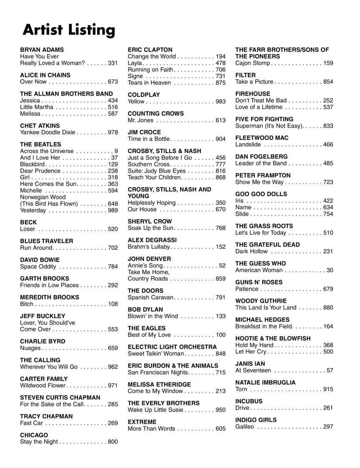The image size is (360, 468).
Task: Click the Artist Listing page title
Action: (69, 30)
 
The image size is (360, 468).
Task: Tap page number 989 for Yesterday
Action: (113, 211)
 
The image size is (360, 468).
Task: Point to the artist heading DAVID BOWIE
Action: (40, 260)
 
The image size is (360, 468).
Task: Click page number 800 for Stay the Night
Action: (113, 442)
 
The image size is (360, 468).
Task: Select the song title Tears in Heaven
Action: (149, 83)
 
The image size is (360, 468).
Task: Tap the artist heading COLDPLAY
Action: (144, 95)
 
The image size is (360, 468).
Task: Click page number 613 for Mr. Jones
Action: (220, 121)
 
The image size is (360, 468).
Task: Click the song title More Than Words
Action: (151, 429)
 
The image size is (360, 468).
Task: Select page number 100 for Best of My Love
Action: (220, 335)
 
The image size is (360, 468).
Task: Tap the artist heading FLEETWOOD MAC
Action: (262, 138)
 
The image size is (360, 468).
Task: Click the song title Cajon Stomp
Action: (253, 63)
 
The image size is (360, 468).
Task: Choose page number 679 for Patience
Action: (328, 289)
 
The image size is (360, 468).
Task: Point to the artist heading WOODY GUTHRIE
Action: (261, 301)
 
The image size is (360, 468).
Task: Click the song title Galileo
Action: (245, 427)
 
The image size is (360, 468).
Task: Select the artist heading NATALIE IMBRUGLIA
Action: (265, 382)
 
